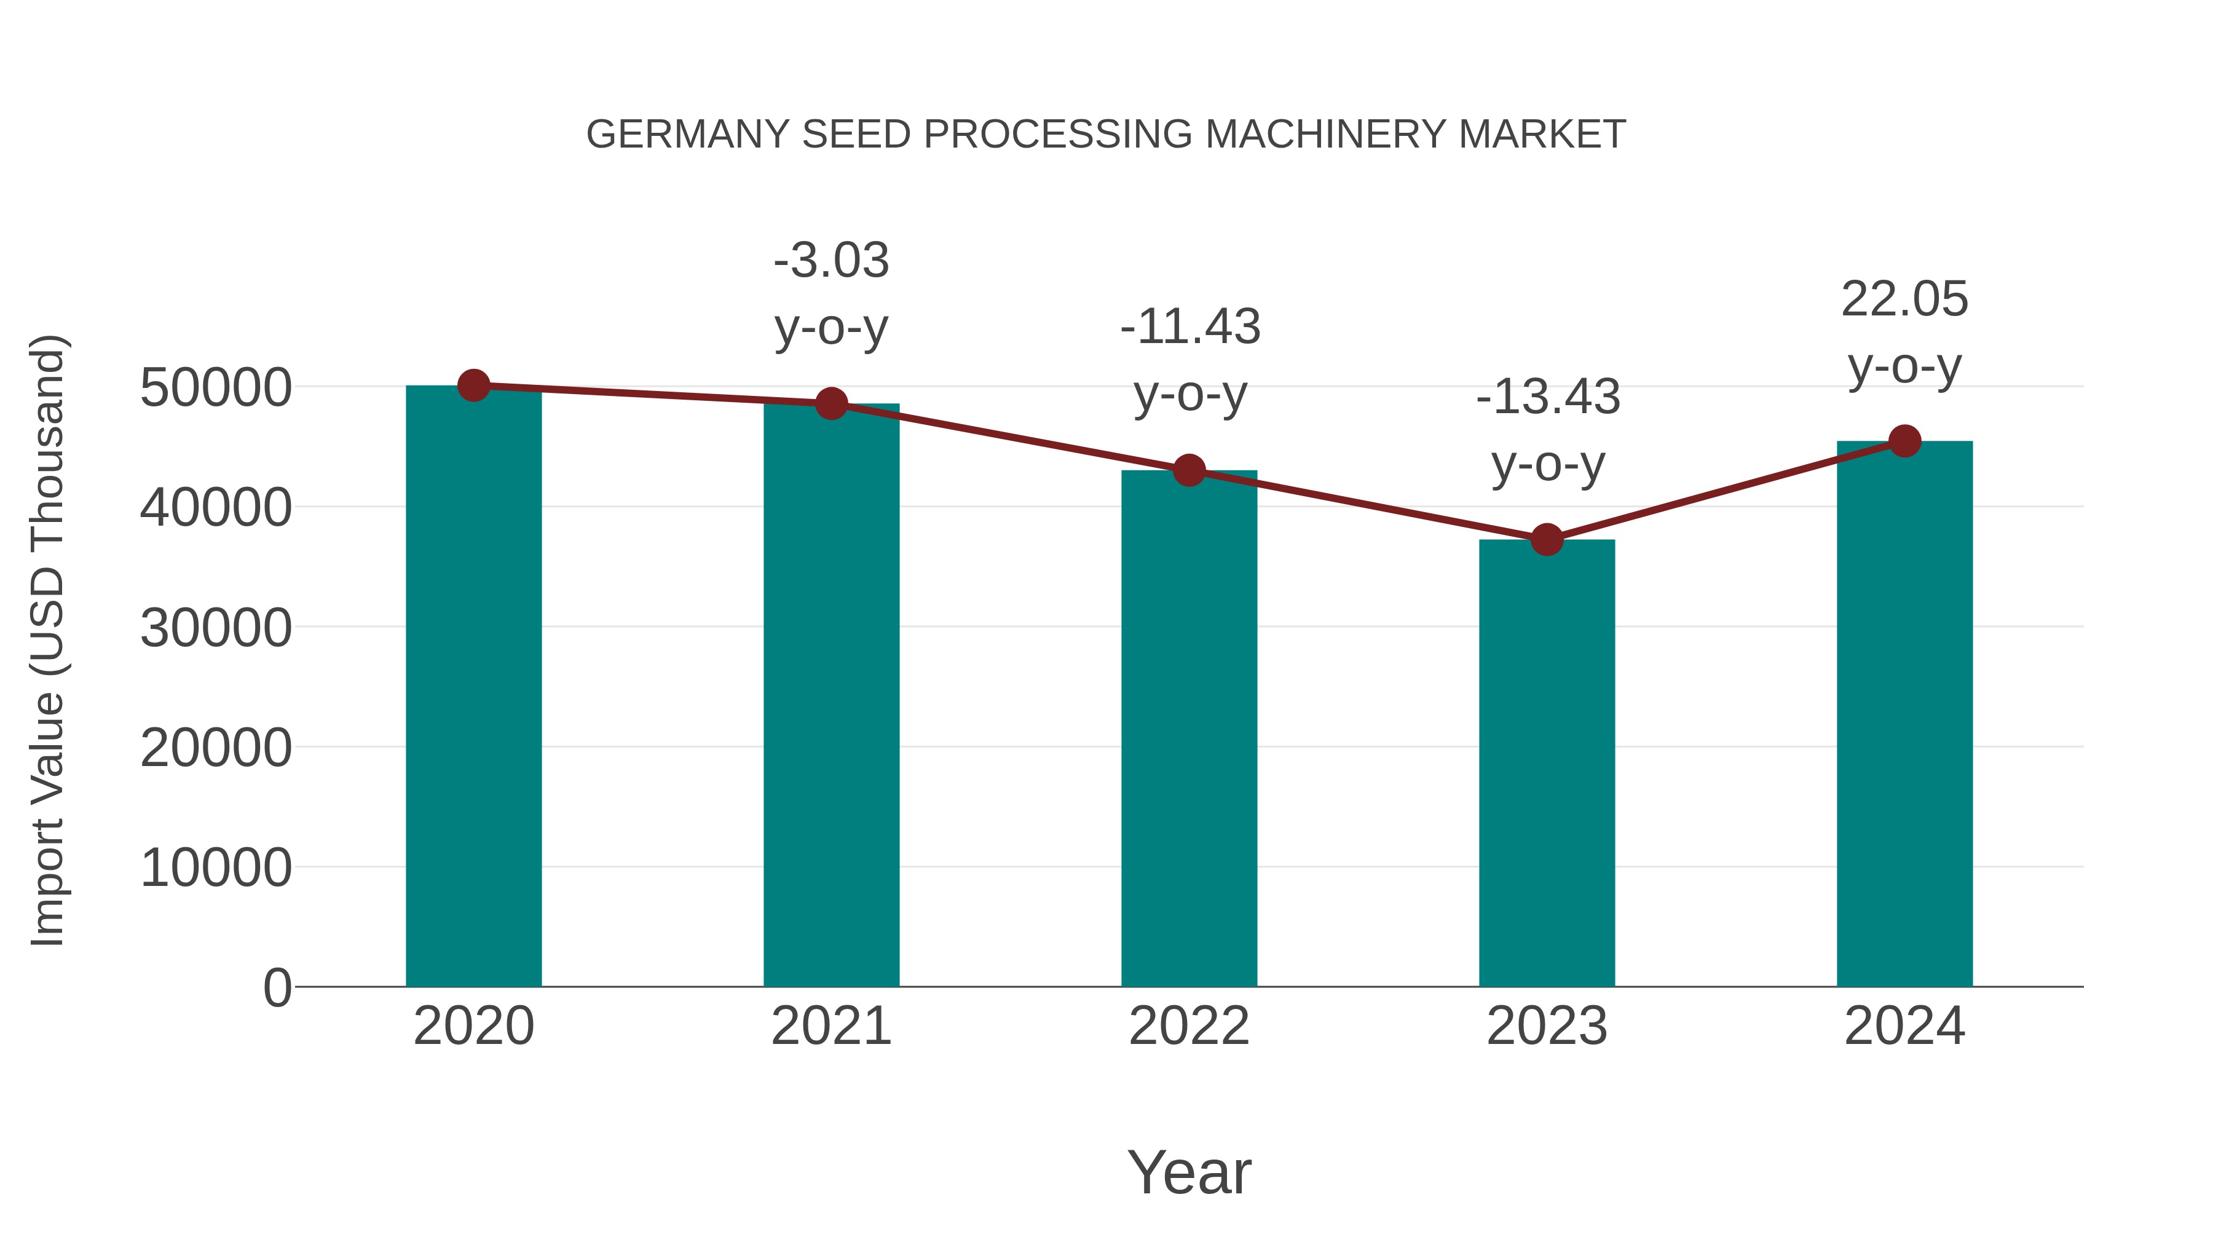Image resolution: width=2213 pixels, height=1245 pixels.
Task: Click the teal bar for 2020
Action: (473, 687)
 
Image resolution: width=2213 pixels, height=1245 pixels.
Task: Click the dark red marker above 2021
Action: (830, 403)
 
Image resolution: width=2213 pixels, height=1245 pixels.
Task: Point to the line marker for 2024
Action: (1904, 441)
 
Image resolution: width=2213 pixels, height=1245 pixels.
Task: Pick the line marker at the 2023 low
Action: (1547, 540)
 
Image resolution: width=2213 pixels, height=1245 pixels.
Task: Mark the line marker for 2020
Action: (473, 385)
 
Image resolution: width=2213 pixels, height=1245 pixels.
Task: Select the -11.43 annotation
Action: (1190, 327)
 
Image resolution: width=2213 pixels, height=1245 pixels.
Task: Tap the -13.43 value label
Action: (1548, 398)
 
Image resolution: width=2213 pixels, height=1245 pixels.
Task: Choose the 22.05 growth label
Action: (1904, 300)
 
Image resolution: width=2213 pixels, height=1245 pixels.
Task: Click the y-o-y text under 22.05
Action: (1904, 368)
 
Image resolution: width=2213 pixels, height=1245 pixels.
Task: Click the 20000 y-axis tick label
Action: (216, 748)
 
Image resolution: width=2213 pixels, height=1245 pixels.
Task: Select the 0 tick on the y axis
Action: (277, 987)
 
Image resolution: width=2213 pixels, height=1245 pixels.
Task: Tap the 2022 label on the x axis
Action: (1189, 1026)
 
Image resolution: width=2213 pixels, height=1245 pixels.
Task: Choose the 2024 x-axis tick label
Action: (1904, 1026)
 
